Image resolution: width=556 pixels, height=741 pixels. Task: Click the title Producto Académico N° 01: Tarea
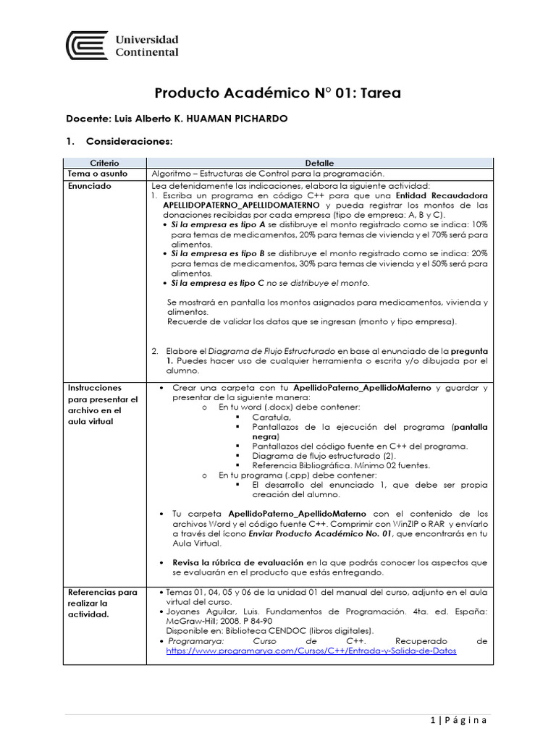[x=277, y=93]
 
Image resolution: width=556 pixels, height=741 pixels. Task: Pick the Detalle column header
[x=319, y=164]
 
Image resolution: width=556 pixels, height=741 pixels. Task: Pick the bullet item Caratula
[x=271, y=418]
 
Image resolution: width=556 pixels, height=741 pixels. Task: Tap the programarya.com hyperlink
[x=311, y=651]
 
